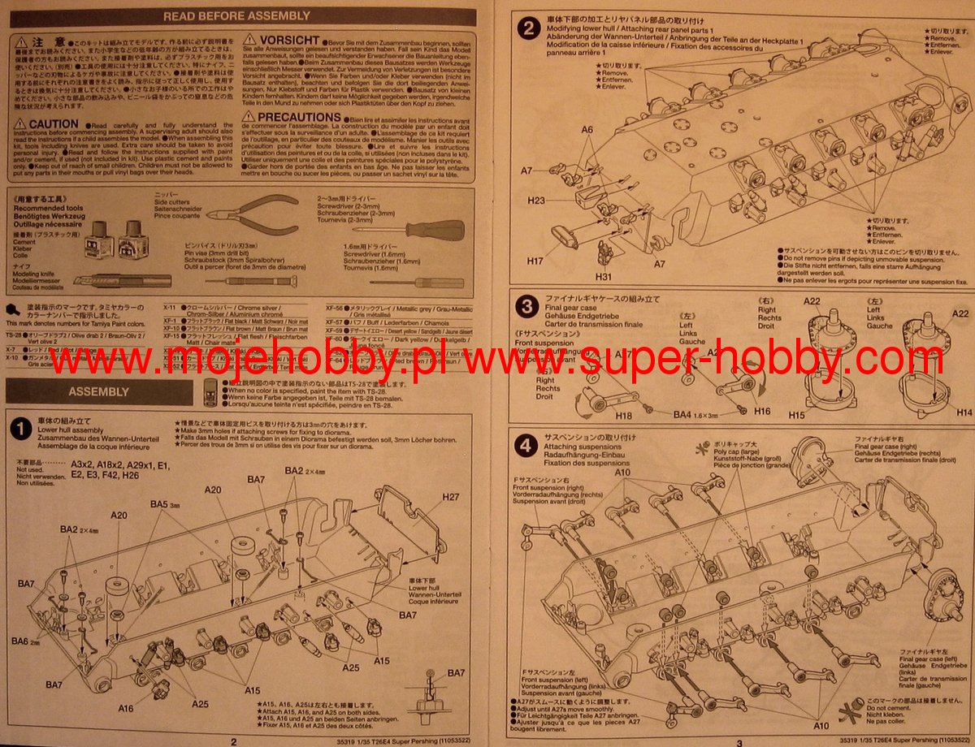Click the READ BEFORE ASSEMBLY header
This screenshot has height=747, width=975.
[236, 15]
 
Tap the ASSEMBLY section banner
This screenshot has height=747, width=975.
[98, 391]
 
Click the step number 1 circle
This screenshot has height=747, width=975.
[20, 428]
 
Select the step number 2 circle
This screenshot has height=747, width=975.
[528, 29]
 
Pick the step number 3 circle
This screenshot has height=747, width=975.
[528, 307]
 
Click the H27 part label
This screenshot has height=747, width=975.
[451, 497]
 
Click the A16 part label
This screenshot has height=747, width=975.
[126, 708]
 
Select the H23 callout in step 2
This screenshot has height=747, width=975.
[559, 200]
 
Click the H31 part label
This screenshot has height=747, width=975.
[604, 277]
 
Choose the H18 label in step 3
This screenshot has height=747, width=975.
[613, 414]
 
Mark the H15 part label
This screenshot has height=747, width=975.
[796, 415]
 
